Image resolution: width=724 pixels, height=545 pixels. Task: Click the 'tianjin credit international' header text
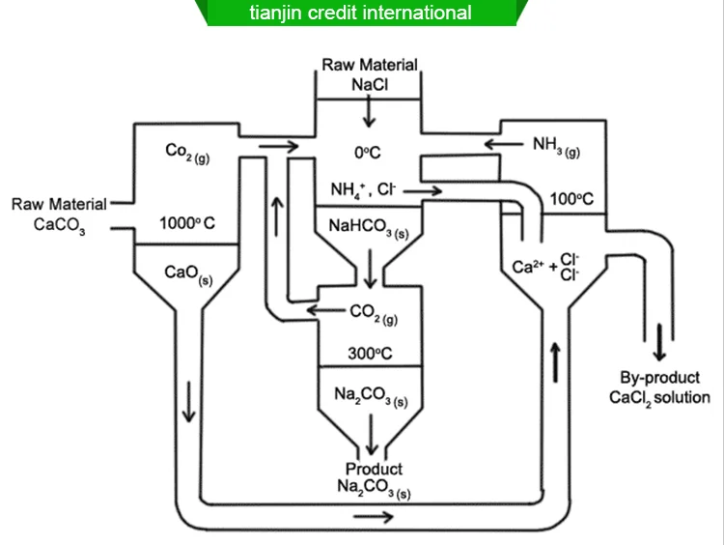[361, 13]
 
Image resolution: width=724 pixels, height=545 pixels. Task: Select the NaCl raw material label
[371, 84]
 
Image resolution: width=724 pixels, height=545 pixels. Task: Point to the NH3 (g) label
[557, 146]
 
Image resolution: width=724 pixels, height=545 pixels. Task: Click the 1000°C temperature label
[187, 224]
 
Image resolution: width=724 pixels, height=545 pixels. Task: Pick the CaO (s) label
[188, 274]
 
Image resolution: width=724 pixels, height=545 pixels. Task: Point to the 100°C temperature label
[572, 200]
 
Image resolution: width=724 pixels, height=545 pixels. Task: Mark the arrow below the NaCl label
[368, 114]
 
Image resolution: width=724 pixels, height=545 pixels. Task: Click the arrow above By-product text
[660, 343]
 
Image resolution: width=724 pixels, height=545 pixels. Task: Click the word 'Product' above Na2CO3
[374, 469]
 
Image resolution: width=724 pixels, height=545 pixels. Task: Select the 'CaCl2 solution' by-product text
[659, 397]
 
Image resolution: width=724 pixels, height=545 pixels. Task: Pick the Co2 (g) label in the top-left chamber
[187, 152]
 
